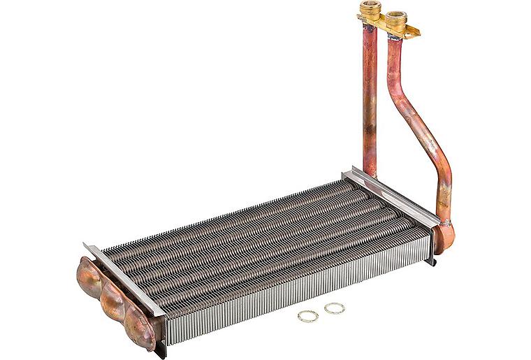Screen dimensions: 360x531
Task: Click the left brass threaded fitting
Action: (370, 10)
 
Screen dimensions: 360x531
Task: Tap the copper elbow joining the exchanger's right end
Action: (443, 235)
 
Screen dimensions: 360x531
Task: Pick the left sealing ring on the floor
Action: (307, 316)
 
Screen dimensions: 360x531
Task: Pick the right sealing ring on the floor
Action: (334, 308)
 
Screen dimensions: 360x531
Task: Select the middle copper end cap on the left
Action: (112, 298)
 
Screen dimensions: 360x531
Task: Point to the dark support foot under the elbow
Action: (431, 260)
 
